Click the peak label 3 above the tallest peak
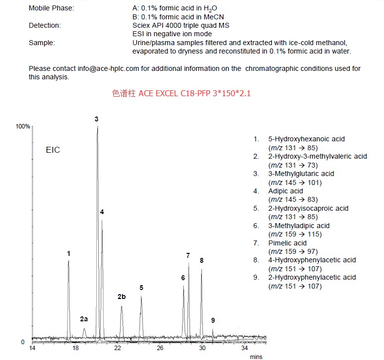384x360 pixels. coord(97,119)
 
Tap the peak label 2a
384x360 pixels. coord(84,319)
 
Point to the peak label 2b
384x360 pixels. coord(122,297)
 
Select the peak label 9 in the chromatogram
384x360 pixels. coord(213,320)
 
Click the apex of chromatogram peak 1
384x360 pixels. coord(68,261)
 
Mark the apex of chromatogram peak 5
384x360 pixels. coord(141,297)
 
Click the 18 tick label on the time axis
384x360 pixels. coord(75,349)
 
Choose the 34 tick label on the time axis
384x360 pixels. coord(245,349)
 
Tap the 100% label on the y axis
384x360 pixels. coord(23,127)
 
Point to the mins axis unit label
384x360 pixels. coord(256,357)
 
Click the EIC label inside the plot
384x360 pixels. coord(53,150)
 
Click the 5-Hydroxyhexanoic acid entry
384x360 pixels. coord(306,139)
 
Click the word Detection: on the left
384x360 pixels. coord(45,25)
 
